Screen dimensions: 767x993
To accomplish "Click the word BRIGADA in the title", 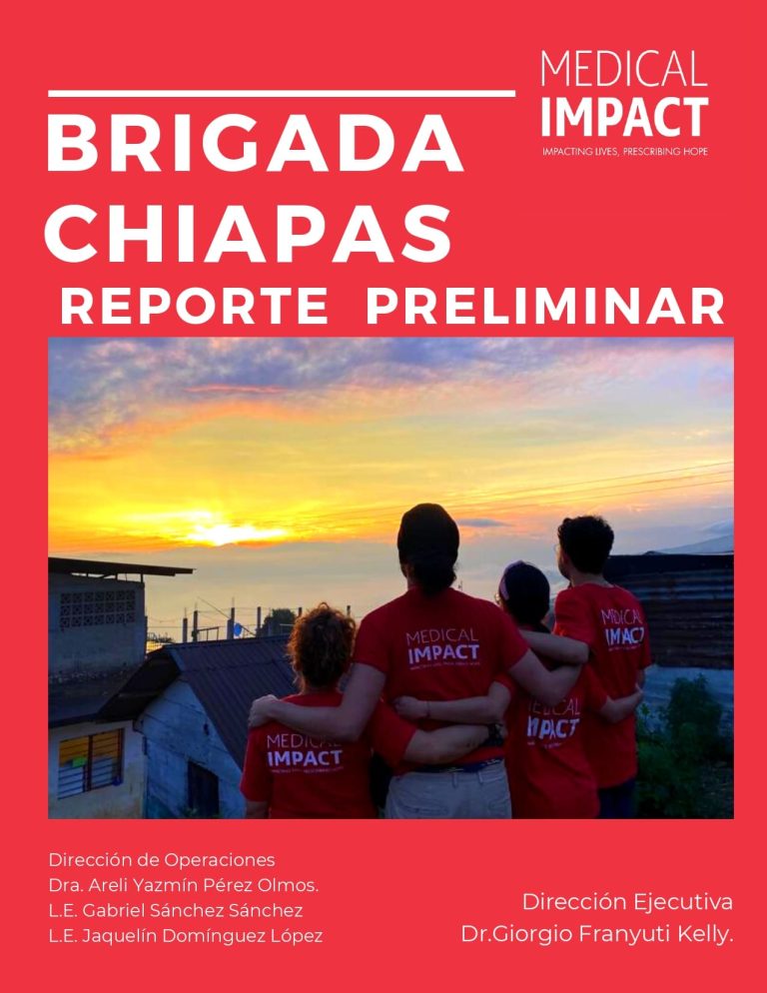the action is click(254, 144).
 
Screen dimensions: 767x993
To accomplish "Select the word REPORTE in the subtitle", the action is click(194, 307).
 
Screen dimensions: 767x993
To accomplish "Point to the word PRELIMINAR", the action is click(544, 307).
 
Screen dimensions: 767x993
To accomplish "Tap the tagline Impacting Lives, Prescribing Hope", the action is click(624, 152).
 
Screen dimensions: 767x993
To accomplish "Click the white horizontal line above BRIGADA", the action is click(282, 94).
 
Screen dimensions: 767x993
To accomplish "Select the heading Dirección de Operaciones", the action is click(162, 860).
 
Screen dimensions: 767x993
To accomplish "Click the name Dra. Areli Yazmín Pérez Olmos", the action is click(184, 885).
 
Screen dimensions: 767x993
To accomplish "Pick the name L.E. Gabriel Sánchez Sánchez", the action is click(176, 910).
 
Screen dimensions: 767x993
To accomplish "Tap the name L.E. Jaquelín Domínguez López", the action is click(186, 935).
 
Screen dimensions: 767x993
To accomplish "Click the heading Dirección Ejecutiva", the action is click(627, 902).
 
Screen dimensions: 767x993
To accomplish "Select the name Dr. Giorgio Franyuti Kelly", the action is click(597, 934).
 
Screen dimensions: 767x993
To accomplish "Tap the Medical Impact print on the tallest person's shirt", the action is click(442, 647).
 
